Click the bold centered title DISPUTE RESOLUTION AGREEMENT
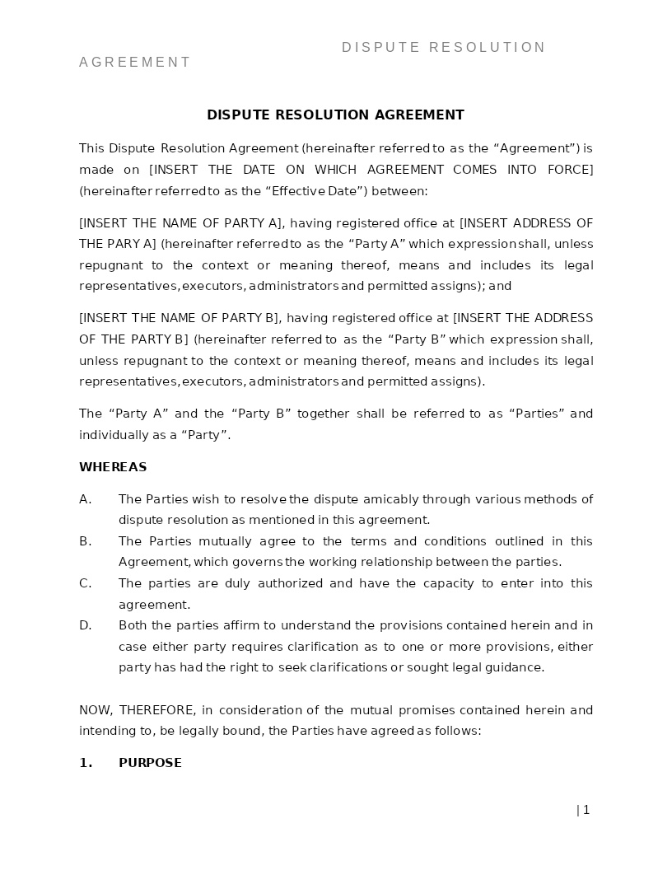[335, 115]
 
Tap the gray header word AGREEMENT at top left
[134, 63]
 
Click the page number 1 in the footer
[586, 810]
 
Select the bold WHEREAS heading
[113, 467]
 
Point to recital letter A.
[84, 499]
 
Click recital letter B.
[84, 541]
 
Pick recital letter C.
[84, 583]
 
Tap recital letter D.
[85, 625]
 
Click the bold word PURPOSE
[150, 763]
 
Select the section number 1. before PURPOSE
[86, 763]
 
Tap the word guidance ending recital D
[517, 667]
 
